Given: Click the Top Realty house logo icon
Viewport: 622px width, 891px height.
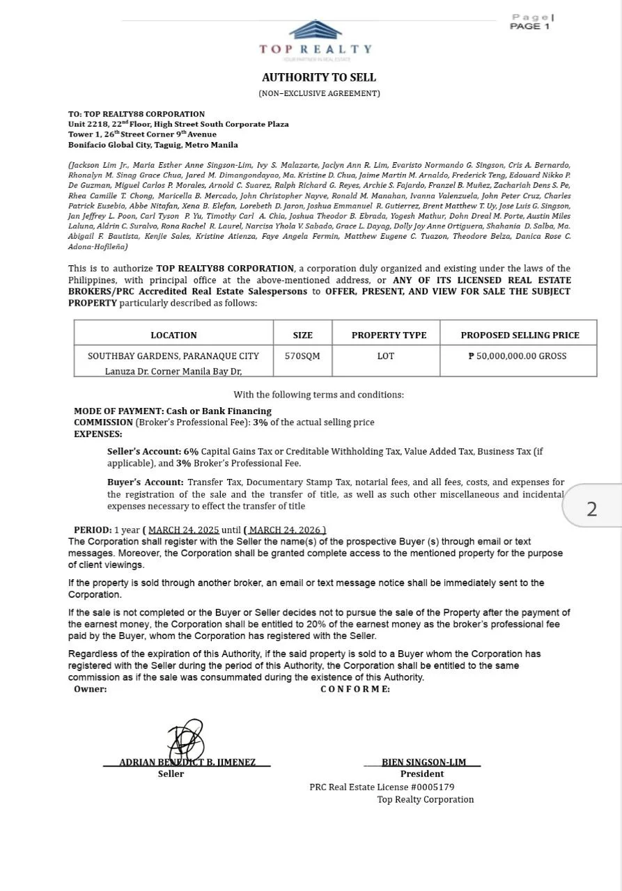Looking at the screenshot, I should pos(316,30).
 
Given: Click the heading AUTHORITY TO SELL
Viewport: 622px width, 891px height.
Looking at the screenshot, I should pos(319,77).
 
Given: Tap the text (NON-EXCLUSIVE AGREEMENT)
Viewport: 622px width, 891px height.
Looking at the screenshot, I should pos(319,93).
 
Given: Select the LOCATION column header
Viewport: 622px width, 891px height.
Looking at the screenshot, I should pos(173,335).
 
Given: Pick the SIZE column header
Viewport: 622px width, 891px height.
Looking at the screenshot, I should pos(302,335).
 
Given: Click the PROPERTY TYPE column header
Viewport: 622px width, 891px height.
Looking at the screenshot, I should pos(389,335).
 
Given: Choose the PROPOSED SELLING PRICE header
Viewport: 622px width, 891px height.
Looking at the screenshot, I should pos(520,335).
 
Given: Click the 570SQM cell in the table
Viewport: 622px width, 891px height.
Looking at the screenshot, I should pos(302,356).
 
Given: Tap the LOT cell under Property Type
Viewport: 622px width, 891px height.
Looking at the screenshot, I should pos(386,356).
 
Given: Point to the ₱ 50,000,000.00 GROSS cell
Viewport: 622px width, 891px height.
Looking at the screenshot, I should pos(518,356).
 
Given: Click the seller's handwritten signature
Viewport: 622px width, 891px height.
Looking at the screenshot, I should pos(185,740).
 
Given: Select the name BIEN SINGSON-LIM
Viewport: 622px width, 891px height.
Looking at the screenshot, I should pos(423,762).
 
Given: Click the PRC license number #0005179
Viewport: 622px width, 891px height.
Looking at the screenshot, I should pos(432,787).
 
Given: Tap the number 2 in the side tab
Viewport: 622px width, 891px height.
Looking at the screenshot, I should pos(591,509).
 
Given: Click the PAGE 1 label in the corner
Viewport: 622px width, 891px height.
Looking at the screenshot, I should pos(529,26).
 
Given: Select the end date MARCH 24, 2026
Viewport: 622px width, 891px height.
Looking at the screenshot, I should pos(285,530).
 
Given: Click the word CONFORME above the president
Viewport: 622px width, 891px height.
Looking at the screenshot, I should pos(355,689).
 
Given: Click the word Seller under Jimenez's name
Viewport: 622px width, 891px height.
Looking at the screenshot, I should pos(171,774).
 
